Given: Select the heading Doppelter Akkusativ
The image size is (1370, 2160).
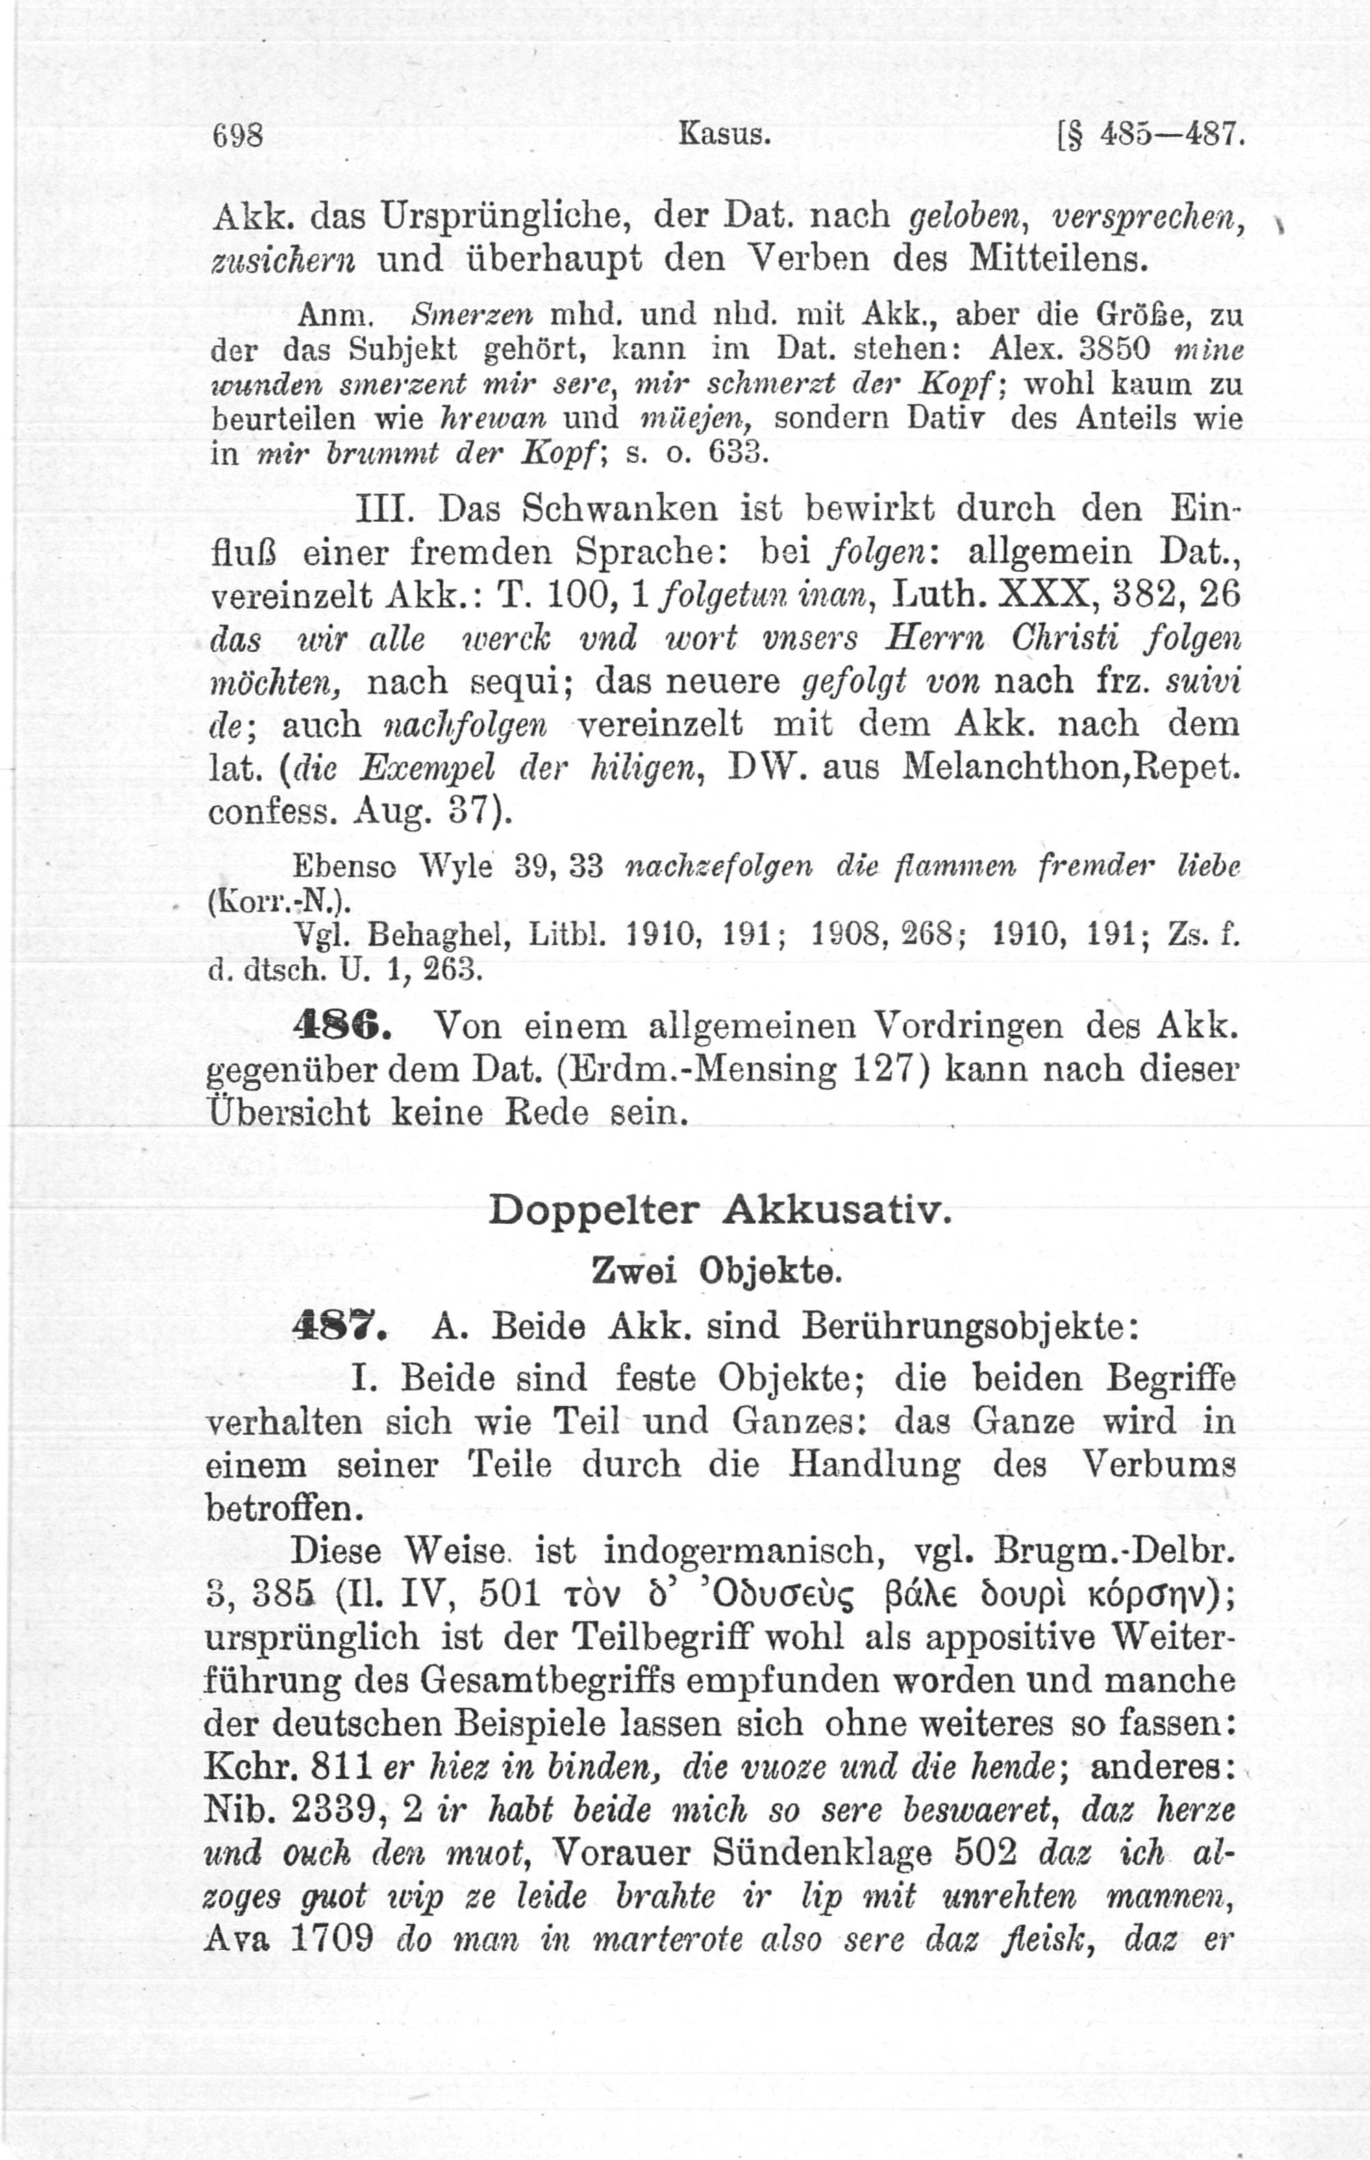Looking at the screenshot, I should (x=718, y=1210).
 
